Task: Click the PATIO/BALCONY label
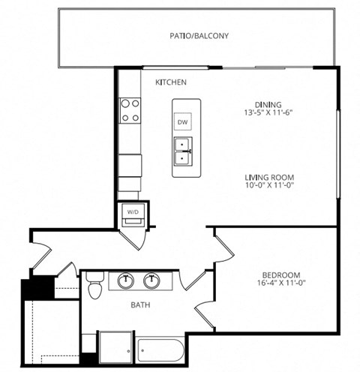click(199, 35)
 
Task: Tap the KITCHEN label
click(170, 82)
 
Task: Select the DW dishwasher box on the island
click(182, 121)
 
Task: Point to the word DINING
click(267, 104)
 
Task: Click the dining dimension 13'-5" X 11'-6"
click(267, 113)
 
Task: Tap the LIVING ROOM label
click(267, 178)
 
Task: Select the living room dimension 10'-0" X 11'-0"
click(267, 187)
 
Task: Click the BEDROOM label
click(283, 274)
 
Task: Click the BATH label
click(139, 305)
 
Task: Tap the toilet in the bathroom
click(94, 286)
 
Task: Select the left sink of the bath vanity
click(124, 281)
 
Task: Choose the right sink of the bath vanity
click(154, 281)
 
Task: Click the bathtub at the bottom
click(160, 349)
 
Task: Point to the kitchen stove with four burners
click(130, 110)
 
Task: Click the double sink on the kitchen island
click(182, 151)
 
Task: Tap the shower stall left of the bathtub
click(116, 347)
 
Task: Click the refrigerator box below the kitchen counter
click(130, 163)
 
